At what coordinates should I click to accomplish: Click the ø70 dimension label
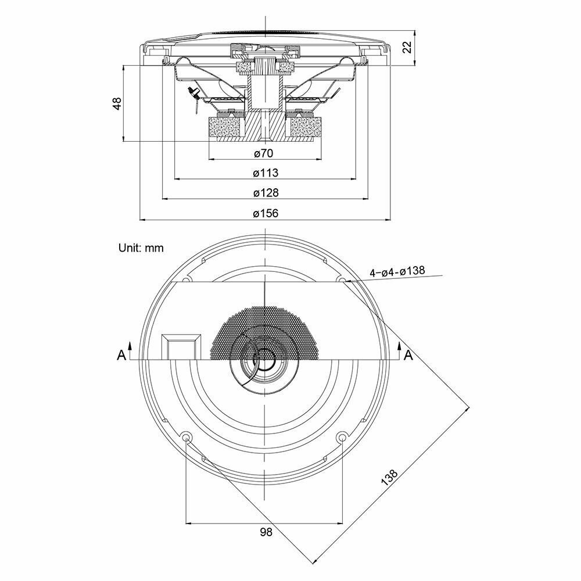click(264, 153)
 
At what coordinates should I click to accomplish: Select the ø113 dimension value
click(266, 173)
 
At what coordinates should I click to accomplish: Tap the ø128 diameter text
click(266, 192)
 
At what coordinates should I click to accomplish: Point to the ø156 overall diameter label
click(266, 213)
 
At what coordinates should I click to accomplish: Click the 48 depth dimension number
click(117, 103)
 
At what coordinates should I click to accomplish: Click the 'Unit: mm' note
click(141, 248)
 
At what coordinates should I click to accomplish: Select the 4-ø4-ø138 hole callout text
click(397, 271)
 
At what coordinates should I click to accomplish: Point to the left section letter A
click(121, 355)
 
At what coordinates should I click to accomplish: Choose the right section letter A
click(408, 355)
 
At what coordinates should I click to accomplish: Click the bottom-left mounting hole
click(186, 436)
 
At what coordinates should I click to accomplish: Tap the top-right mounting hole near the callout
click(341, 281)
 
